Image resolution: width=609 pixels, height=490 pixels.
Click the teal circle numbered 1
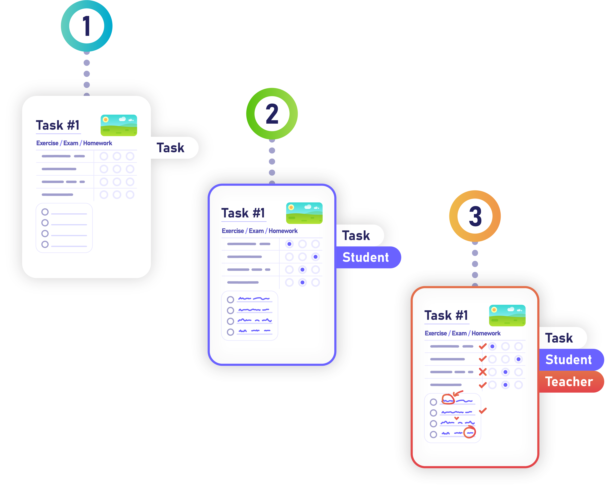(87, 26)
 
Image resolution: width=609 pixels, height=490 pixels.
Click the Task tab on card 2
(356, 235)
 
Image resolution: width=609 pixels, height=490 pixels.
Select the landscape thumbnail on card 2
(304, 213)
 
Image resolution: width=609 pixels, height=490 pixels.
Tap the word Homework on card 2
(283, 231)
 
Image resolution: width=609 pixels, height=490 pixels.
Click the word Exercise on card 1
(47, 143)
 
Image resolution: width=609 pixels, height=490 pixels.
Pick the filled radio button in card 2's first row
(289, 244)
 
